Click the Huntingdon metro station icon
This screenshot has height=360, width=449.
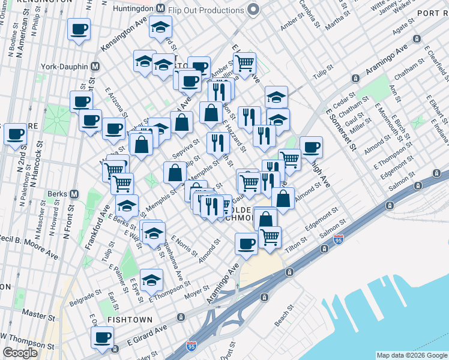click(160, 9)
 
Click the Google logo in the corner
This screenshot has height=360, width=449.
click(20, 353)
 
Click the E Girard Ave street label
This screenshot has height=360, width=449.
click(148, 336)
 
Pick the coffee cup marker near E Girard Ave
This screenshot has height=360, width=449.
click(103, 337)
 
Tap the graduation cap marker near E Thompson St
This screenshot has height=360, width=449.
click(151, 278)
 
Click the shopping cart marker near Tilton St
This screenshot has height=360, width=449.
click(270, 237)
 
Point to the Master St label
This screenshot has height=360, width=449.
click(34, 314)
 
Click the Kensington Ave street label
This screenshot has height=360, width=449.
click(124, 37)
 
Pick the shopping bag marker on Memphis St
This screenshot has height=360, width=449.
click(174, 172)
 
